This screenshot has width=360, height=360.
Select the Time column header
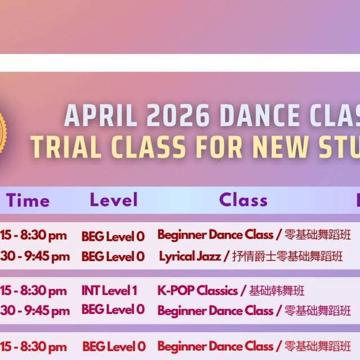click(x=28, y=200)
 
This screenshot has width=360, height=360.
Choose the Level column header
click(x=113, y=200)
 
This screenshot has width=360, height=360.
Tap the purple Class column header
click(x=243, y=200)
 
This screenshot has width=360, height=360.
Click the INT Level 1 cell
click(x=109, y=291)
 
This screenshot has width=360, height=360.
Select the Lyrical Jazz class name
click(x=190, y=256)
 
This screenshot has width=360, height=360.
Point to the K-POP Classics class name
click(x=197, y=291)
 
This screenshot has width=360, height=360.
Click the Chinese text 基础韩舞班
click(x=277, y=291)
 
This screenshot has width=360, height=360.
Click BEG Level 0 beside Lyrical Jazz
click(x=113, y=256)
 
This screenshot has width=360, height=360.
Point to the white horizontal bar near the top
click(x=180, y=62)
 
